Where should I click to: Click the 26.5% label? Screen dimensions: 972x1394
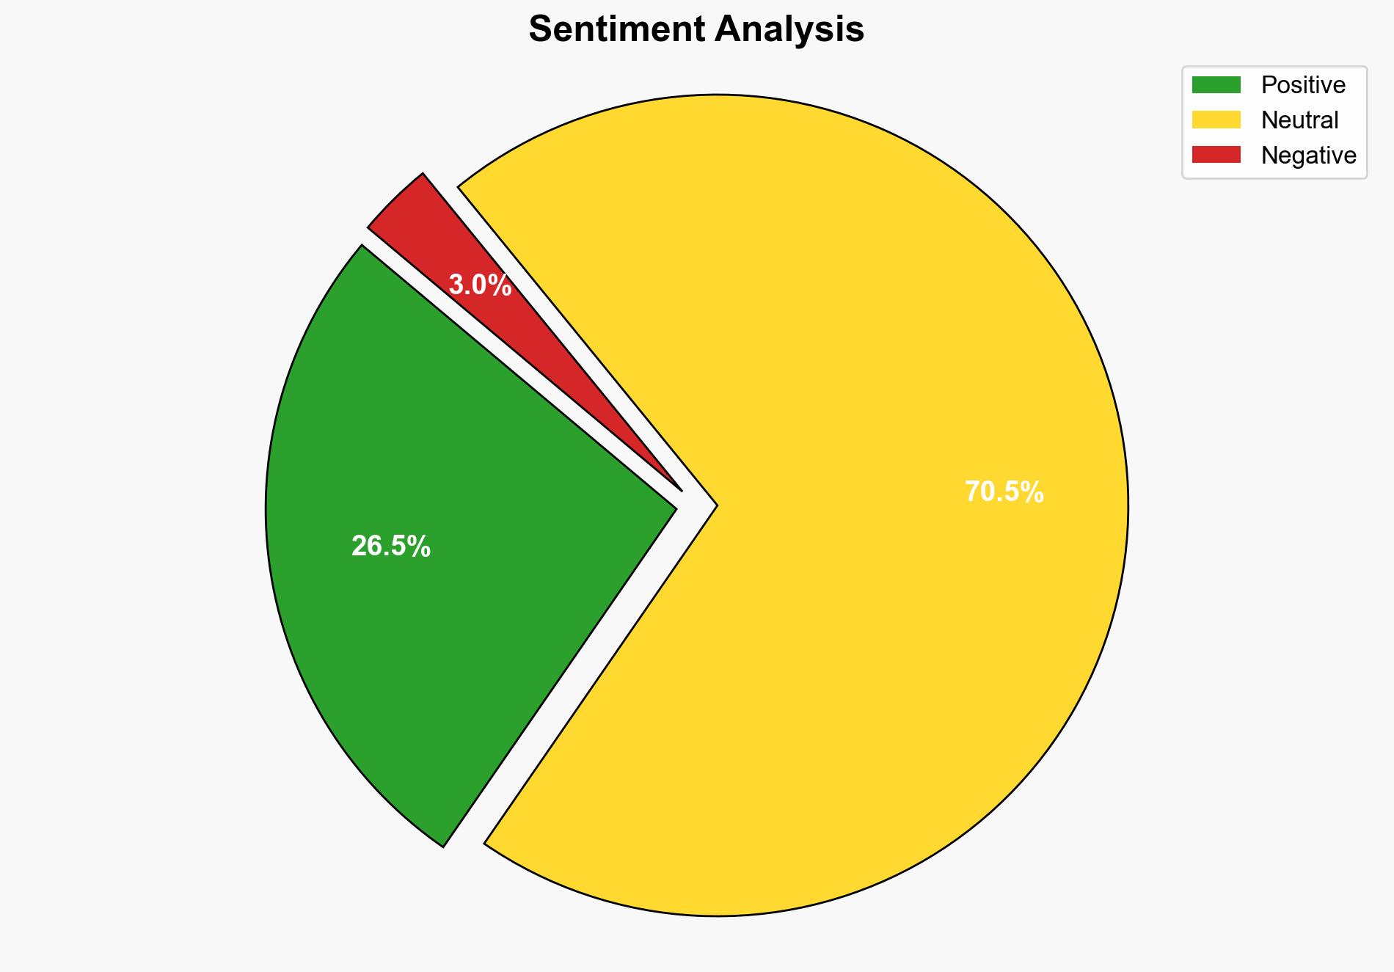(390, 547)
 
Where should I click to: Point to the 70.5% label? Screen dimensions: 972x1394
(1004, 492)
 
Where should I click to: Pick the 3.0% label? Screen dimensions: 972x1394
(480, 285)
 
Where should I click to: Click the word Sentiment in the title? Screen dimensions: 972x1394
(616, 30)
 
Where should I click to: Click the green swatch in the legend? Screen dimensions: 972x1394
(1216, 85)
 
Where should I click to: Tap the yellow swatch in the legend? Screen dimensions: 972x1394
(1216, 120)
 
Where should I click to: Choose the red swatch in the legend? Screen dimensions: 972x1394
(1216, 155)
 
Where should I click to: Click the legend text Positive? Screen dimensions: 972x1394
(1303, 85)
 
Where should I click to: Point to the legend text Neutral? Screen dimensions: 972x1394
(1299, 120)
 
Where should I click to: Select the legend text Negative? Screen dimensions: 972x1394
(1308, 156)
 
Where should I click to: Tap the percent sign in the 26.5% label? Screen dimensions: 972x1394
(420, 547)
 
